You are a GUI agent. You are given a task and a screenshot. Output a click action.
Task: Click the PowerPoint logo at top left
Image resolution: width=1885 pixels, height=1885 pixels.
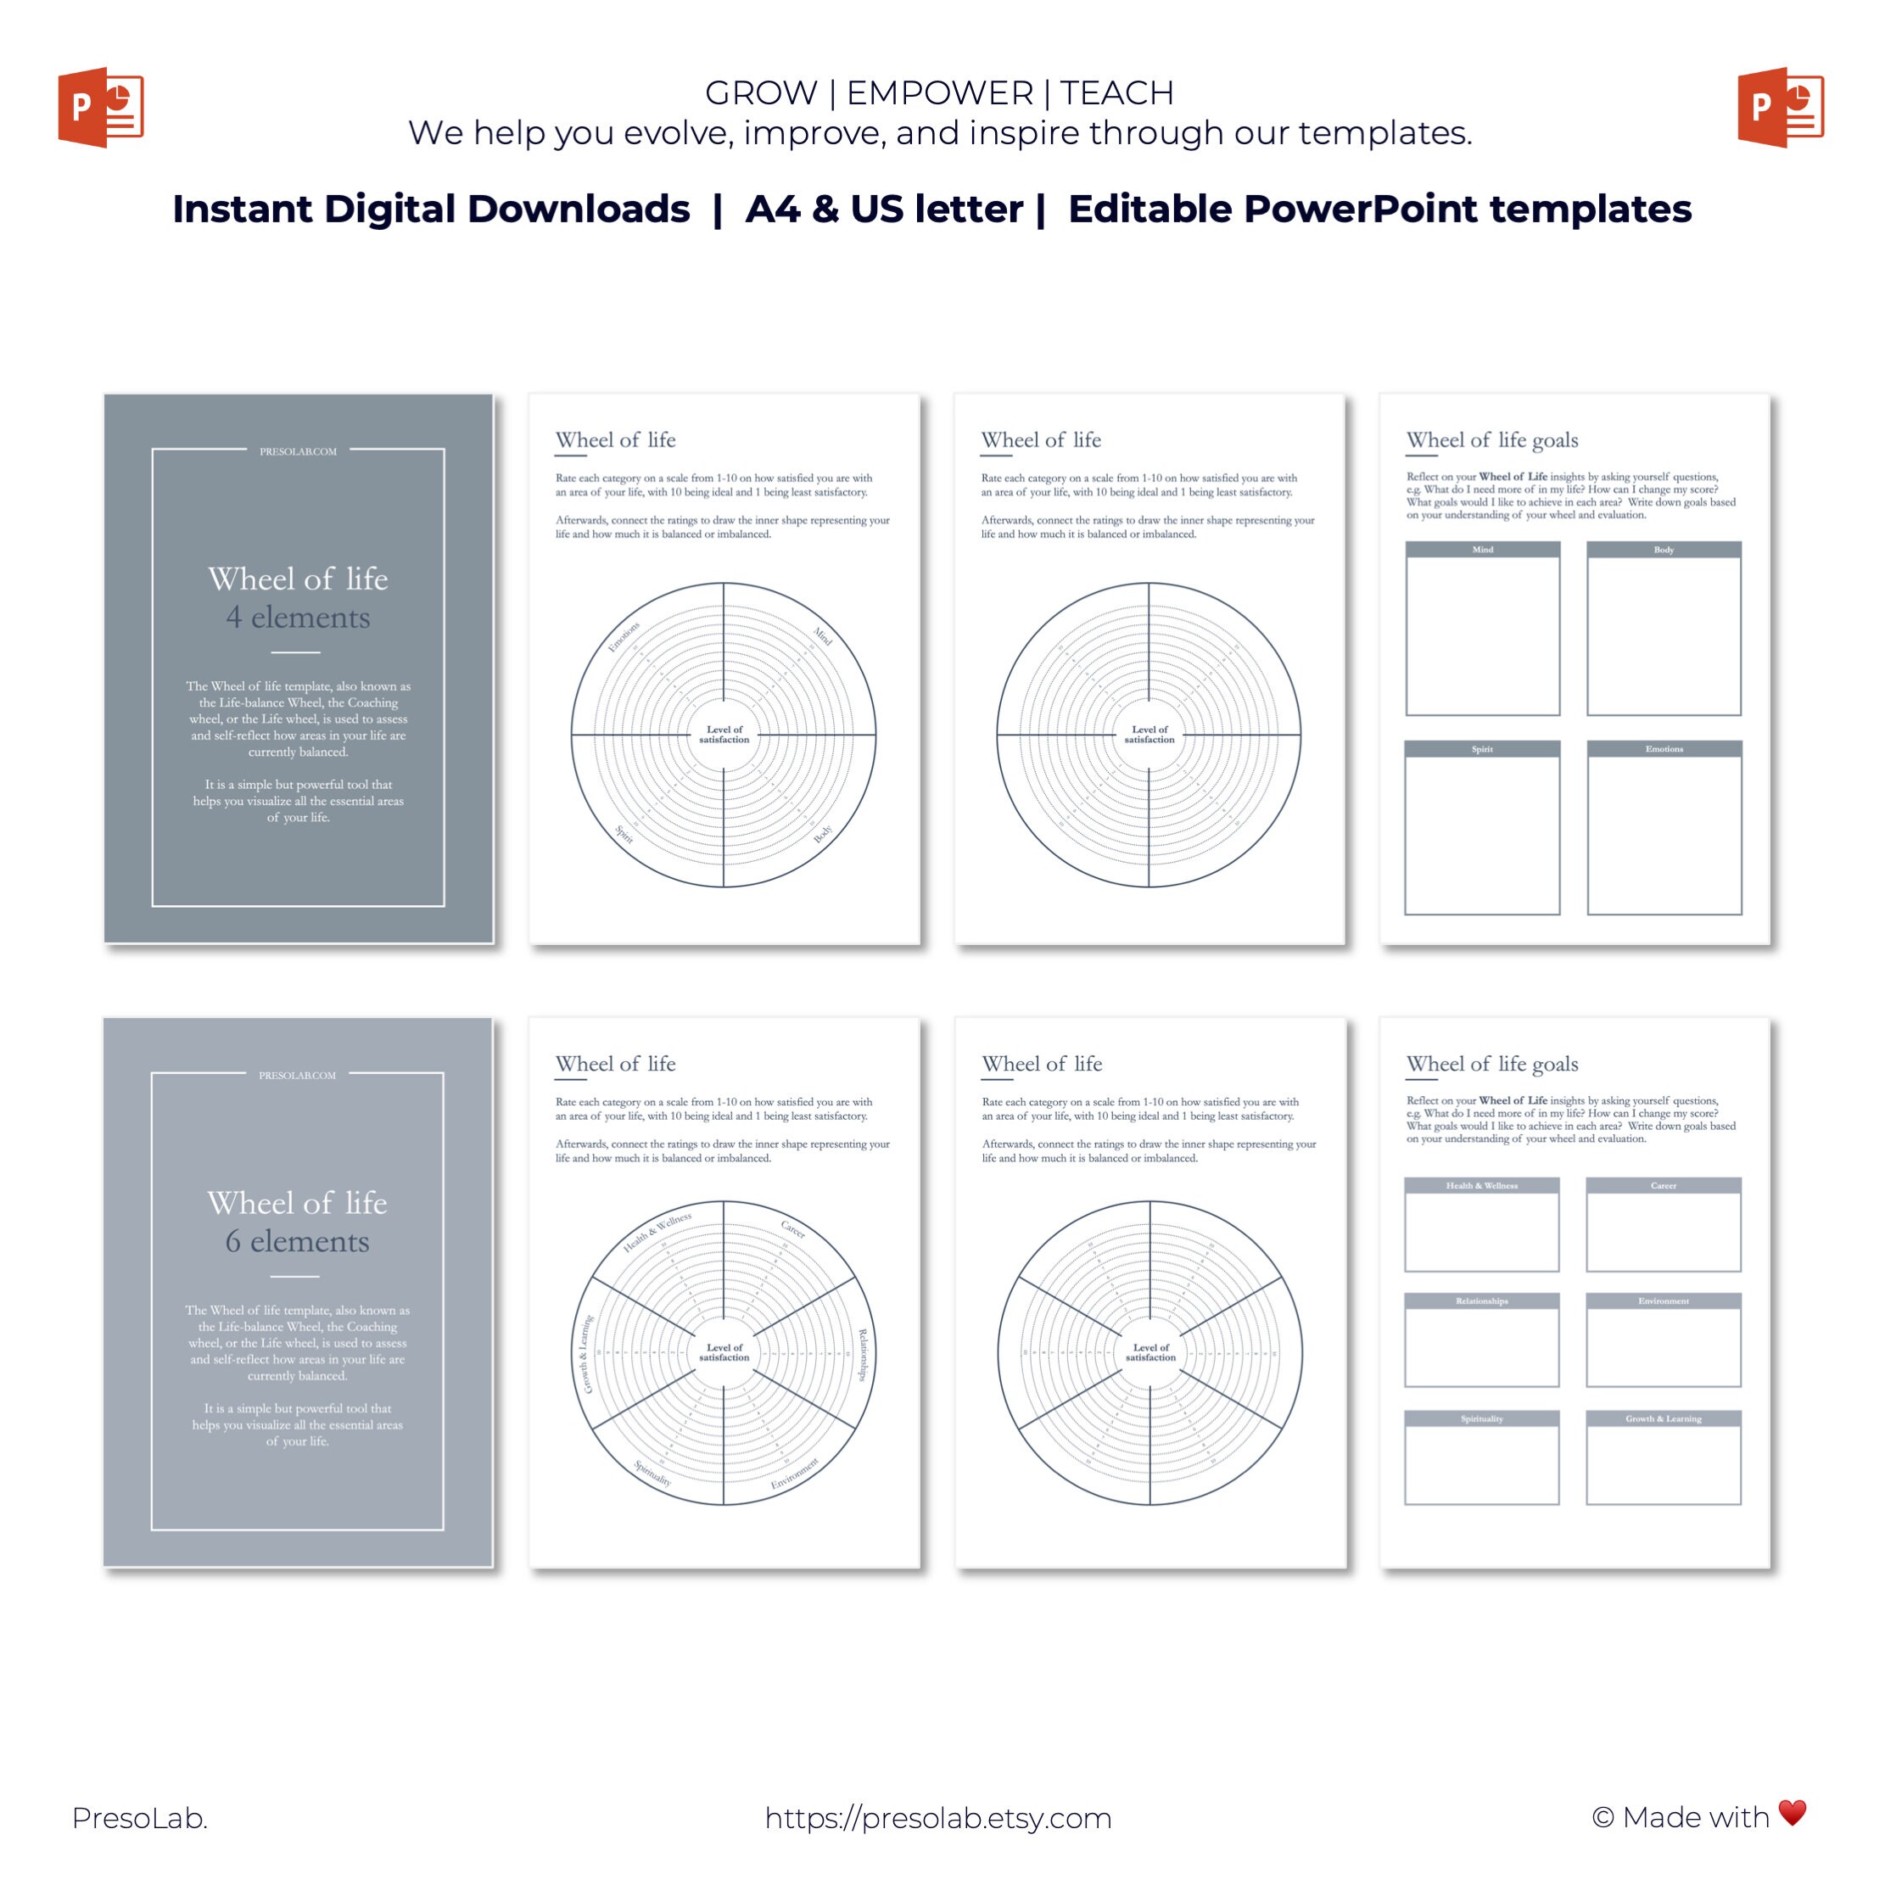click(100, 108)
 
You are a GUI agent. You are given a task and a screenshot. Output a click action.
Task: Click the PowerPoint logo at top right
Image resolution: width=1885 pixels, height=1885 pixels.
click(1780, 108)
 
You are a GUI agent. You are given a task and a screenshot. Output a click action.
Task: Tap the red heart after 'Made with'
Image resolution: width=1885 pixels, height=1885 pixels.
click(1793, 1812)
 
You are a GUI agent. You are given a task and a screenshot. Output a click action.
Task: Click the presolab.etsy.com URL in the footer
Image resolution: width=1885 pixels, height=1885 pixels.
click(937, 1818)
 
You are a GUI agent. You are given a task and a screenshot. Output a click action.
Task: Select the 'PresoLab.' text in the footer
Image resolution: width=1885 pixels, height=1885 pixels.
click(139, 1818)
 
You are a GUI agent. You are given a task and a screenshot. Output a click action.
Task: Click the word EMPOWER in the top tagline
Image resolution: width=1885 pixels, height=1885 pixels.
click(938, 92)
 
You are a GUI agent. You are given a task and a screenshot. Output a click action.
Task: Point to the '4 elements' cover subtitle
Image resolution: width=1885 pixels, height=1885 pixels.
click(298, 618)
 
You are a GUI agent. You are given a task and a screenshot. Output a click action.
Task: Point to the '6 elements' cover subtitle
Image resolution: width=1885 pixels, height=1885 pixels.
click(297, 1241)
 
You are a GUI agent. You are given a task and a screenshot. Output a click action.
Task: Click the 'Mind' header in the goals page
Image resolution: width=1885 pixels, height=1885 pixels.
click(1482, 551)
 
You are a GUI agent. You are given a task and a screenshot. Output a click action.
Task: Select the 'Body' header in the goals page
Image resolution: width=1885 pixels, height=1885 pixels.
click(1664, 551)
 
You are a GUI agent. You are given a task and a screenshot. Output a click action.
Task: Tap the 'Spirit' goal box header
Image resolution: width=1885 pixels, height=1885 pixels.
click(1482, 749)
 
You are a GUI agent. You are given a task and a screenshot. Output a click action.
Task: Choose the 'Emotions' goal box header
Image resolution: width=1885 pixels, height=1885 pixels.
click(1664, 749)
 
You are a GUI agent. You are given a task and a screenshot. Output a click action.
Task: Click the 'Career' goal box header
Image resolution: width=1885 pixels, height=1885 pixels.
click(1664, 1185)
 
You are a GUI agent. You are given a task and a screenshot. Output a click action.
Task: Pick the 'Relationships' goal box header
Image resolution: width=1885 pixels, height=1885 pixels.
click(1482, 1300)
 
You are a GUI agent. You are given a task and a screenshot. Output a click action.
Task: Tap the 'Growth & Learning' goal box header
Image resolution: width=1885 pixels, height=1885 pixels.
click(1664, 1418)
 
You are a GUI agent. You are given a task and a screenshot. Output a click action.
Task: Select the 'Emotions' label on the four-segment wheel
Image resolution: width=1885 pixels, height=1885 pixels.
click(624, 636)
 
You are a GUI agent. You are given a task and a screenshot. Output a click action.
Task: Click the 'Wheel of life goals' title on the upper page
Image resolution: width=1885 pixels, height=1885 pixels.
click(1492, 440)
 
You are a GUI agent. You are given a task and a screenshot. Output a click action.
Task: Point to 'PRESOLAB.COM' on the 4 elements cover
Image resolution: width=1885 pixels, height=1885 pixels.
click(298, 451)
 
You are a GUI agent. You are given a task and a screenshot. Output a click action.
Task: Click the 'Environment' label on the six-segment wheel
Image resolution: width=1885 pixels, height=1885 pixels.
click(794, 1474)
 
